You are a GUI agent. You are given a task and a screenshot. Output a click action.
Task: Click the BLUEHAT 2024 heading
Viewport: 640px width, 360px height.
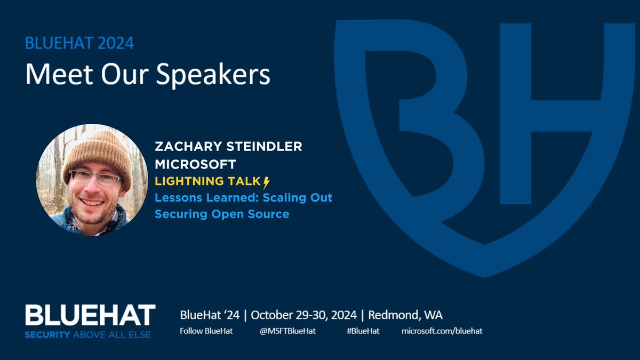pyautogui.click(x=80, y=43)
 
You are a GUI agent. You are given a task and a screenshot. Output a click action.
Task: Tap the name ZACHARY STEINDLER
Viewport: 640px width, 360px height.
pyautogui.click(x=228, y=147)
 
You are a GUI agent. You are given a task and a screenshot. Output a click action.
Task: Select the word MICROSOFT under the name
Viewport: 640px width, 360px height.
pyautogui.click(x=195, y=164)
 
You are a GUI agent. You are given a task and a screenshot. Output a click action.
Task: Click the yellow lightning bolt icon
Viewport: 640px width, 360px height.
pyautogui.click(x=267, y=181)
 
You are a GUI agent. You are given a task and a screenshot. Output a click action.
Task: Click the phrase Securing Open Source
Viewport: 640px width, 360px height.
pyautogui.click(x=222, y=214)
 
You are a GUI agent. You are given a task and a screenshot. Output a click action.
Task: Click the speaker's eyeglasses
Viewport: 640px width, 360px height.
pyautogui.click(x=96, y=178)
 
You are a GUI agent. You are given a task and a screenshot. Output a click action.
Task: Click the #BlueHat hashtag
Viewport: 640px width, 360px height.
pyautogui.click(x=363, y=331)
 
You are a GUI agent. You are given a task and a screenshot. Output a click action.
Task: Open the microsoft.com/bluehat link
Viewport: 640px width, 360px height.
pyautogui.click(x=442, y=331)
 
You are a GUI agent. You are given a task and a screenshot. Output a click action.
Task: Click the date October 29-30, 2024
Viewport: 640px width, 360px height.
pyautogui.click(x=306, y=315)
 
